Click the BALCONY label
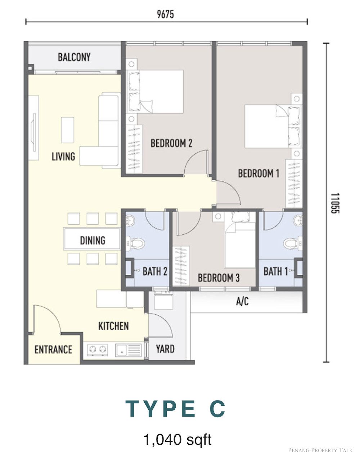pos(74,57)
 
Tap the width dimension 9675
pos(165,14)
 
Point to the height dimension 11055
pos(335,203)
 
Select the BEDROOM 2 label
pos(171,143)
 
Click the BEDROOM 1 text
pos(258,173)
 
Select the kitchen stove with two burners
pos(98,350)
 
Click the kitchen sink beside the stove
pos(128,350)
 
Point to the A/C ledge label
pos(242,301)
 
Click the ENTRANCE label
pos(53,350)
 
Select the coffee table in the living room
pos(68,130)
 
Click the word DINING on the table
pos(93,240)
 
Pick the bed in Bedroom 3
pos(240,240)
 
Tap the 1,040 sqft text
pos(178,433)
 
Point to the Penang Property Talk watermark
pos(320,450)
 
